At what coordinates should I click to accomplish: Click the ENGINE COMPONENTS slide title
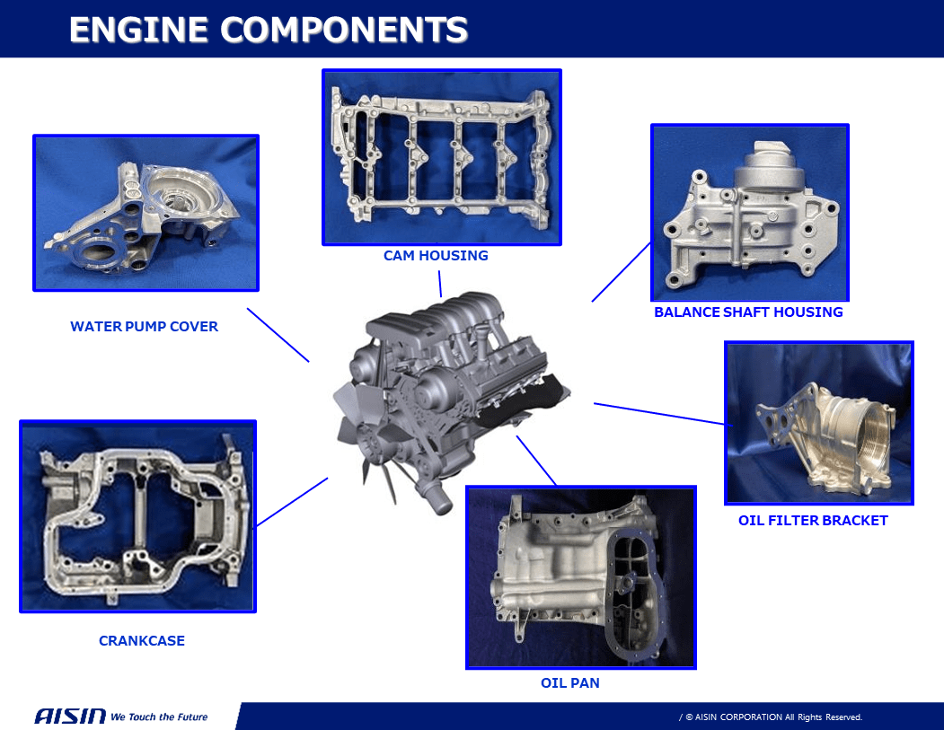[268, 30]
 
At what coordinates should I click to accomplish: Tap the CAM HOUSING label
[436, 256]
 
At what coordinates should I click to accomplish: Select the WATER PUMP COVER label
[144, 327]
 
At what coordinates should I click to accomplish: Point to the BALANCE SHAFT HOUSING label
[748, 312]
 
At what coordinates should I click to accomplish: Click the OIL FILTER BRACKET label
[813, 521]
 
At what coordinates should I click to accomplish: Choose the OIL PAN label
[569, 683]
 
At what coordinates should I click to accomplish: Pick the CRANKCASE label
[142, 641]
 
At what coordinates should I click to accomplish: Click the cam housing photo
[441, 157]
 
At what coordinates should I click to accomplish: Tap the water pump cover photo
[146, 213]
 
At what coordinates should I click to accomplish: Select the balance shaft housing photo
[749, 213]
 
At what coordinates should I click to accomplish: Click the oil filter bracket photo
[818, 422]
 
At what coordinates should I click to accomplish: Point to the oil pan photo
[580, 577]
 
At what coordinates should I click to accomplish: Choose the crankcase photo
[137, 516]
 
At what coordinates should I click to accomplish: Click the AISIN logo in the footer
[70, 717]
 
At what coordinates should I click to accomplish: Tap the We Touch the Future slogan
[159, 717]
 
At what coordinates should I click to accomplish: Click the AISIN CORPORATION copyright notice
[772, 717]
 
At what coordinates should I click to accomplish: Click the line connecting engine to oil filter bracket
[660, 413]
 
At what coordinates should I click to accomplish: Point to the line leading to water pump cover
[278, 335]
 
